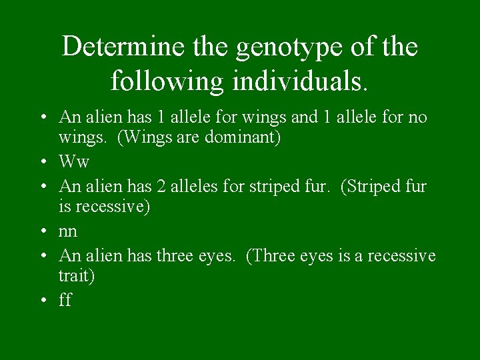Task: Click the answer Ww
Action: [74, 162]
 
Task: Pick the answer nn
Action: [68, 231]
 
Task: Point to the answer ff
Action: [65, 300]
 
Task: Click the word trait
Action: [77, 276]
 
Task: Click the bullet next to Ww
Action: [43, 162]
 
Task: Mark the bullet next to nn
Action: [43, 231]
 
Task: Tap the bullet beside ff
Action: [43, 300]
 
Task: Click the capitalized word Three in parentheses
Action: [271, 255]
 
